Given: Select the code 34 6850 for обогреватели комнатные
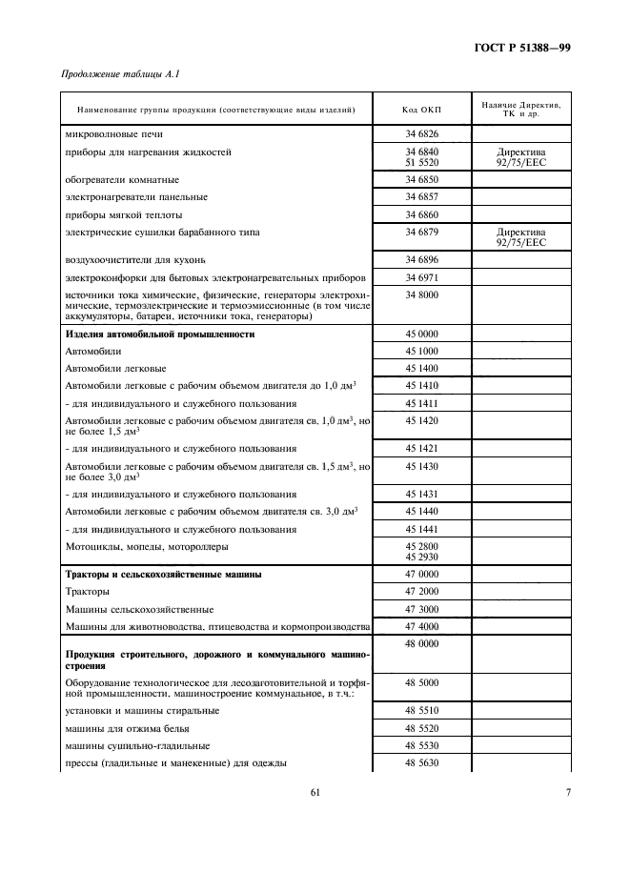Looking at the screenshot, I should point(421,179).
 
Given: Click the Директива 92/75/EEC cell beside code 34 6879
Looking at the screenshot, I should point(520,236).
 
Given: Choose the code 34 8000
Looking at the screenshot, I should point(421,295).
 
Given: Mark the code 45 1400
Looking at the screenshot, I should point(421,368).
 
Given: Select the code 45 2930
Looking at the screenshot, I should point(421,557).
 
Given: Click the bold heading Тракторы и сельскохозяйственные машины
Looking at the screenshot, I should point(163,575).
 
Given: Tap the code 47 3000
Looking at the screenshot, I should point(421,609).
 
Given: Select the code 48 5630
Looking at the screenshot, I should point(421,762).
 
